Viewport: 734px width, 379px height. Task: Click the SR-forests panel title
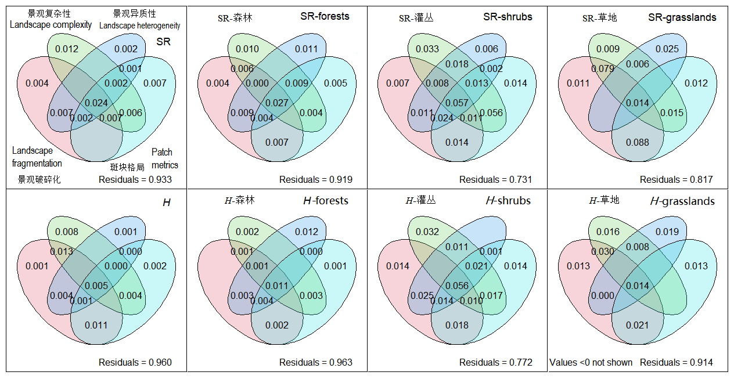325,16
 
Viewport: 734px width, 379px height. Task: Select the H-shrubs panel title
508,201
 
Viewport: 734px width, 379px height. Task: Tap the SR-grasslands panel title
682,17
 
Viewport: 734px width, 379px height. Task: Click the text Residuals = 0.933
135,179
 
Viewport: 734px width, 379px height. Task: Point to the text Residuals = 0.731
495,179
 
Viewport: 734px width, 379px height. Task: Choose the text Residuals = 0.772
495,362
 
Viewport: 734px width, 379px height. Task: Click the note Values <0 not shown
591,362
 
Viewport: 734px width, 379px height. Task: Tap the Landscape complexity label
51,24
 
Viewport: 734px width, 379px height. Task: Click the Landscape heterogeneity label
139,26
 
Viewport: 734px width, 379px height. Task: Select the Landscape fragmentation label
37,157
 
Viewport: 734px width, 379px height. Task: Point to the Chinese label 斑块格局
127,167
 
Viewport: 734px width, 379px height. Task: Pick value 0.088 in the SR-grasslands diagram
638,142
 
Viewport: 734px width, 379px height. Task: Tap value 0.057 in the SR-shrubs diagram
457,103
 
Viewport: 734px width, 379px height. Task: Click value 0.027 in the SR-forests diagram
277,103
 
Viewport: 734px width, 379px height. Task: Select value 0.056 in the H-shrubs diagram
457,286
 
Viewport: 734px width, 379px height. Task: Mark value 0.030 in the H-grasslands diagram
602,252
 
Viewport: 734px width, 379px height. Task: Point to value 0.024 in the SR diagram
96,103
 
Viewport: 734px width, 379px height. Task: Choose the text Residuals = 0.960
135,362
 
